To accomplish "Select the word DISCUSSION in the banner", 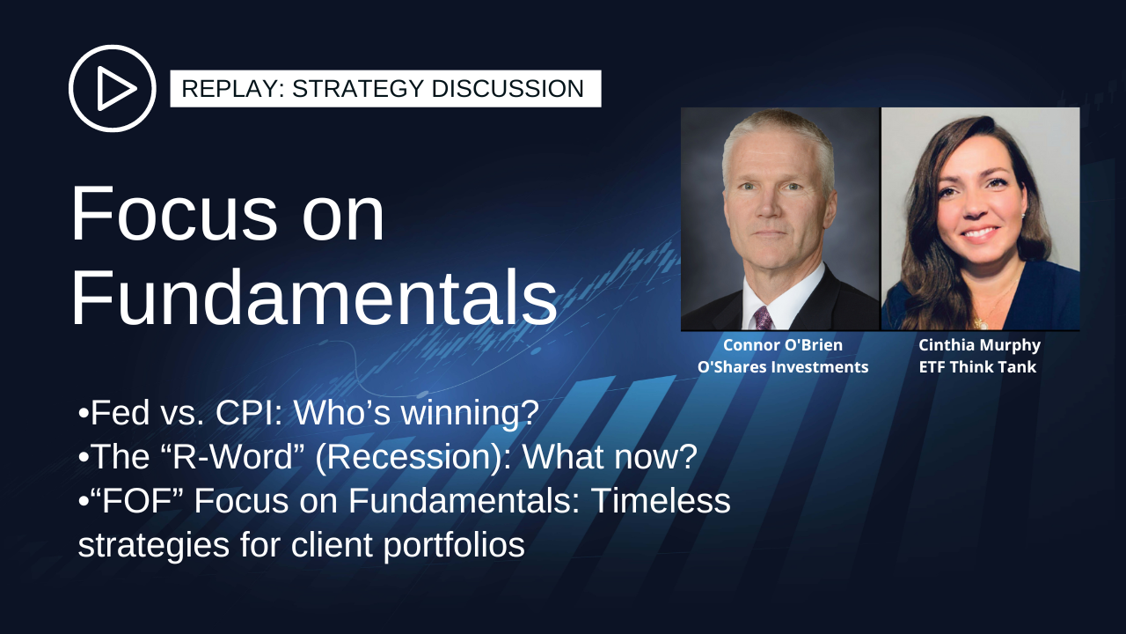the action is pos(508,89).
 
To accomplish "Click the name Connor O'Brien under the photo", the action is pos(783,345).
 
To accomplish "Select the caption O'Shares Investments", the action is pos(783,367).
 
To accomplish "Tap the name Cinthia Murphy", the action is pos(979,346).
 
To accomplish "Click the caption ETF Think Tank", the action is pos(977,367).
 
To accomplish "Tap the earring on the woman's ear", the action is pos(1024,214).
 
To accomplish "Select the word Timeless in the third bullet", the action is pos(660,501).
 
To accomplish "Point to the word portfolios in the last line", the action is pos(454,545).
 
